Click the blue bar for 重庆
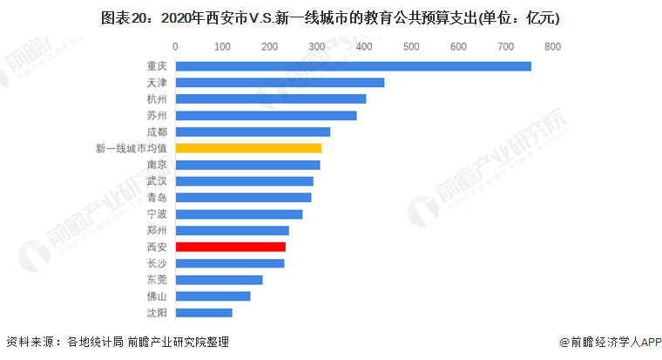click(353, 66)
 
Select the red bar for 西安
click(231, 247)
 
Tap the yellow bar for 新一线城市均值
click(248, 148)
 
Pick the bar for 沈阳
click(204, 312)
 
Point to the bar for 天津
click(280, 83)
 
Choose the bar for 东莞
click(219, 280)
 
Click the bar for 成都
click(253, 132)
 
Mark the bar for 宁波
click(239, 214)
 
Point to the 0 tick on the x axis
click(176, 45)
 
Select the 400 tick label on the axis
click(364, 45)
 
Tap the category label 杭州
click(157, 98)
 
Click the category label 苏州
click(157, 115)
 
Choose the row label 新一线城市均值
click(131, 148)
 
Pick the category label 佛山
click(157, 296)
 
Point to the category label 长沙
click(157, 263)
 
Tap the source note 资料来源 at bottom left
click(118, 343)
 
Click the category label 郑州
click(157, 231)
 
